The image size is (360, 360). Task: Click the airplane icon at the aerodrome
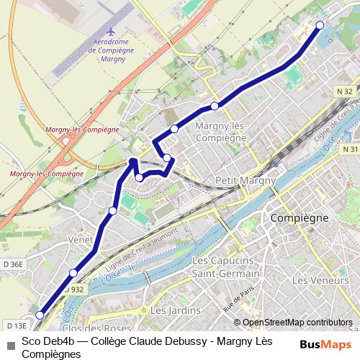110,32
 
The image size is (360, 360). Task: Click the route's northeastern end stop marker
320,25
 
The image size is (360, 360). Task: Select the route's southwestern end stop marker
40,315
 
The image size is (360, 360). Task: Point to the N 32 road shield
343,91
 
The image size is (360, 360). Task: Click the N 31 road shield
350,149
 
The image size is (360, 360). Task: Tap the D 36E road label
13,265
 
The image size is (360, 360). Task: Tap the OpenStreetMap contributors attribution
297,323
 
